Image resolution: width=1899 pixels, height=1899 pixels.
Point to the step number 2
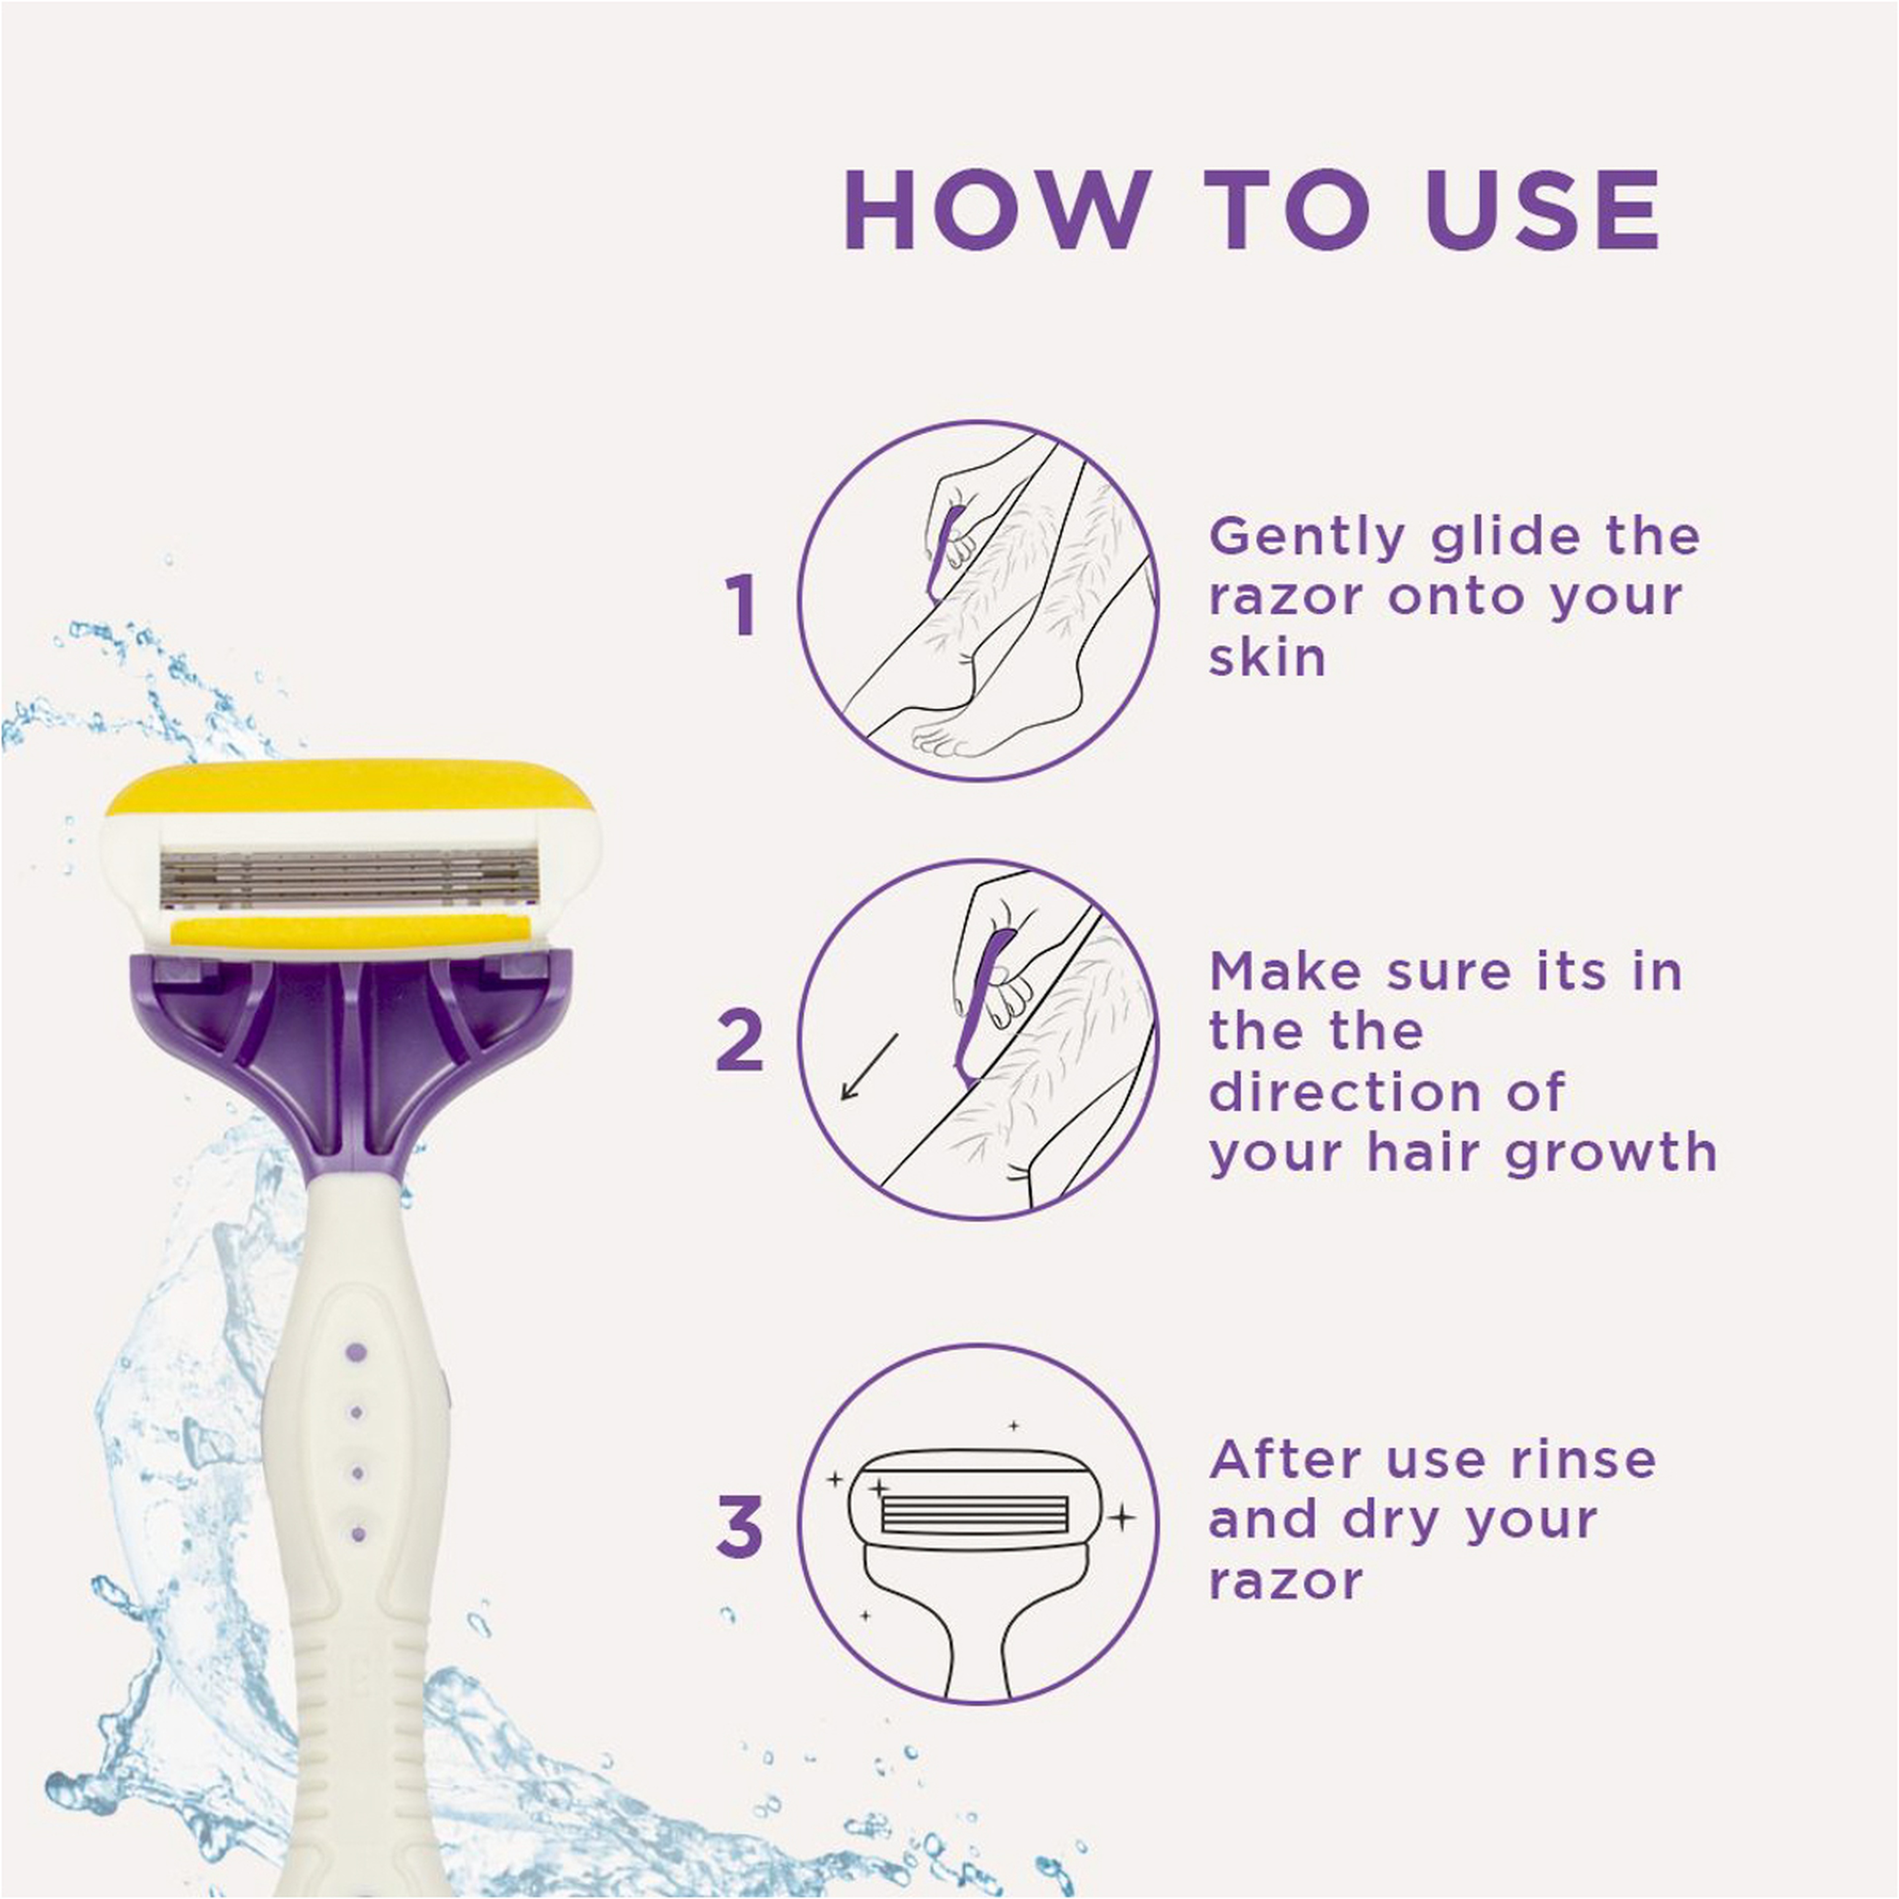739,1040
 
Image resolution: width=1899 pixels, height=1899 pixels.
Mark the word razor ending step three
1285,1581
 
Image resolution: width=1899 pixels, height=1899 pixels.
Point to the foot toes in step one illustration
939,742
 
